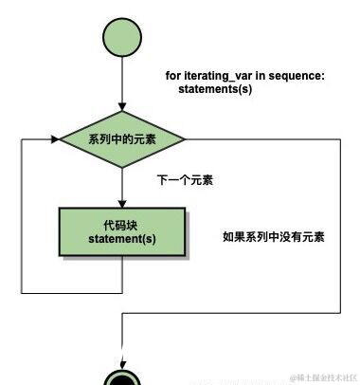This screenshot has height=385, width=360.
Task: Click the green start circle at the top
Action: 122,39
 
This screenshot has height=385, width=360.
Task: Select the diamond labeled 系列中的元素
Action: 122,139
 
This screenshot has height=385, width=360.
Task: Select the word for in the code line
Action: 173,76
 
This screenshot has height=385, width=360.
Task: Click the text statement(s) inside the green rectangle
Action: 122,239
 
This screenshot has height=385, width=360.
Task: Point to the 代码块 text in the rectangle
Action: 122,225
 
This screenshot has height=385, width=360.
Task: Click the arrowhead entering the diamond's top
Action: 122,109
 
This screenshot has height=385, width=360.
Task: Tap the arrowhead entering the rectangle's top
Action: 122,202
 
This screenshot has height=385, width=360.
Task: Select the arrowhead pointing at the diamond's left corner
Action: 54,139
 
